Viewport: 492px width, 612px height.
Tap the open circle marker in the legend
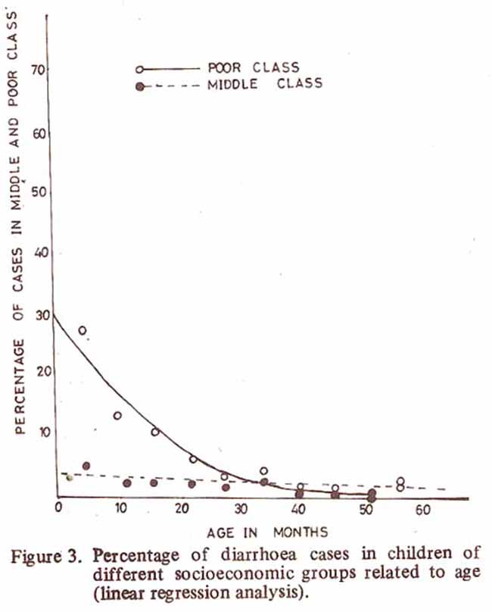139,69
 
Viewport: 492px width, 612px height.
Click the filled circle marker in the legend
139,85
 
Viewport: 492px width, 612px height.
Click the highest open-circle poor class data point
82,330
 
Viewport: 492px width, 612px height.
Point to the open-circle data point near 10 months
117,415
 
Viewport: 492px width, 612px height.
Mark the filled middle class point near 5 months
86,465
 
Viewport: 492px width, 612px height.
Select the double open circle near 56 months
400,484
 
